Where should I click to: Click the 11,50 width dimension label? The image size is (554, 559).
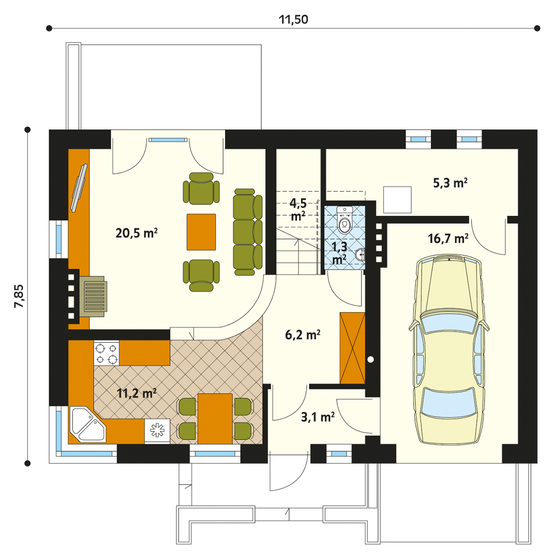click(293, 19)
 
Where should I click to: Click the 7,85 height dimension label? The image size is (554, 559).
click(19, 296)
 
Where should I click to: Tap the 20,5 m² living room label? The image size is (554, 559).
click(137, 233)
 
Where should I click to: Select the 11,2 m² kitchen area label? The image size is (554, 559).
click(137, 393)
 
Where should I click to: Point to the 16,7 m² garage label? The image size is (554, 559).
click(448, 238)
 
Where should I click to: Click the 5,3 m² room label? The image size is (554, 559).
click(451, 183)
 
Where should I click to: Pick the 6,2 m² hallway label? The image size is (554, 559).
click(303, 335)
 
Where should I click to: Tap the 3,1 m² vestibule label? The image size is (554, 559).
click(318, 417)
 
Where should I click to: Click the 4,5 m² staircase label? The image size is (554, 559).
click(298, 209)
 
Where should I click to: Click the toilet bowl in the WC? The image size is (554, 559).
click(345, 219)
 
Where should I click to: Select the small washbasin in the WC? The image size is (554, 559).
click(361, 255)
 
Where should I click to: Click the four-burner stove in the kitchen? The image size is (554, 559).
click(107, 353)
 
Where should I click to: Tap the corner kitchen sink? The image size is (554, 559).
click(87, 424)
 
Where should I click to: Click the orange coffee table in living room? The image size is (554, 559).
click(201, 232)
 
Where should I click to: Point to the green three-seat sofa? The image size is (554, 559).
click(248, 232)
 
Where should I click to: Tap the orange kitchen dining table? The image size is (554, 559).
click(215, 419)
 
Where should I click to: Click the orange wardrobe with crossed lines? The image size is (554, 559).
click(353, 348)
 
